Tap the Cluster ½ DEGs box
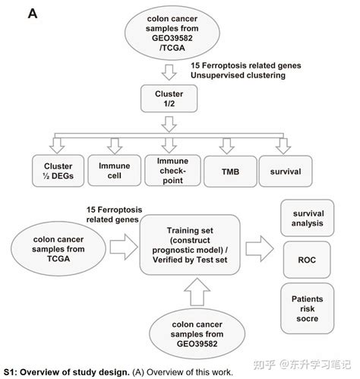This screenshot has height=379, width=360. point(57,172)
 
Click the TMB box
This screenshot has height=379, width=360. point(228,172)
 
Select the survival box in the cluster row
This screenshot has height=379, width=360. point(286,172)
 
